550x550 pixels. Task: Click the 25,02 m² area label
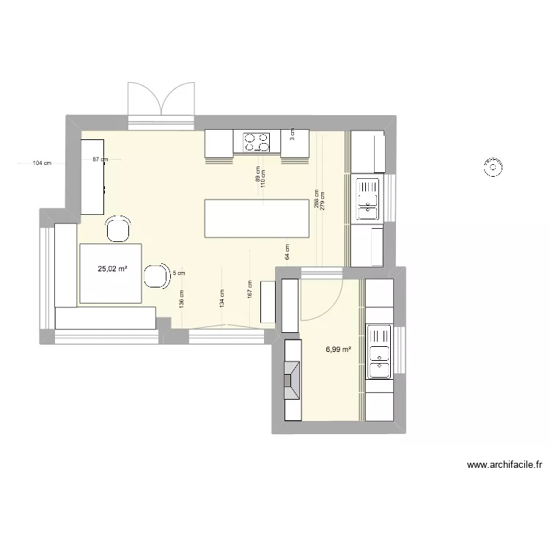pos(112,269)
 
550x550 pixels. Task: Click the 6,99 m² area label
pos(338,351)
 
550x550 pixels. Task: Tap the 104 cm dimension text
pos(42,164)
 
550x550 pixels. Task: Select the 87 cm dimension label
pos(100,159)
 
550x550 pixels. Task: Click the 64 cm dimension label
pos(287,252)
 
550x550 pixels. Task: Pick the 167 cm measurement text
pos(250,289)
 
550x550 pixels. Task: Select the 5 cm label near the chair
pos(179,273)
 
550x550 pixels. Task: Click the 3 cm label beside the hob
pos(291,133)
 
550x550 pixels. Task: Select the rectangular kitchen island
pos(257,218)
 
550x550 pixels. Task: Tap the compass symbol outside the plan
pos(492,167)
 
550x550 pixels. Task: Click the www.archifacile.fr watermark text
pos(504,464)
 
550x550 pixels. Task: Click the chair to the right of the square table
pos(155,276)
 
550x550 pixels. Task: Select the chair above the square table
pos(118,229)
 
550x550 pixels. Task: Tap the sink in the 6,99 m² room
pos(380,352)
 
